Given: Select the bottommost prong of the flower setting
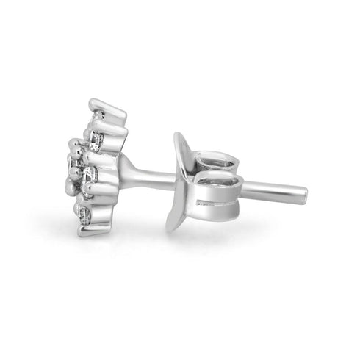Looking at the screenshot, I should (88, 231).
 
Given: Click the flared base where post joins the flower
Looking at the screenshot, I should (126, 170).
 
